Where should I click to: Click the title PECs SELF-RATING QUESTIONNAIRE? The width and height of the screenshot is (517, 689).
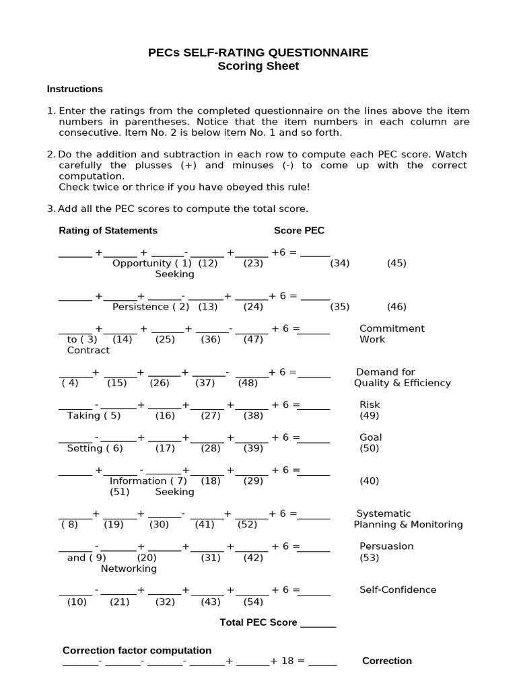pyautogui.click(x=258, y=52)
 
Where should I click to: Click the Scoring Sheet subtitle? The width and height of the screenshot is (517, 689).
pyautogui.click(x=258, y=66)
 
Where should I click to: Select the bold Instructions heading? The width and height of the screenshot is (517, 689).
pyautogui.click(x=75, y=89)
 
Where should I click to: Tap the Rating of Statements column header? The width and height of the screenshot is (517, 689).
pyautogui.click(x=108, y=230)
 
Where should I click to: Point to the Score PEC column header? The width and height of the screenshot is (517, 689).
pyautogui.click(x=299, y=230)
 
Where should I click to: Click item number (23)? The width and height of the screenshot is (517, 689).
pyautogui.click(x=253, y=263)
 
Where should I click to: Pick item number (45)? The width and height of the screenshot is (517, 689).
pyautogui.click(x=397, y=263)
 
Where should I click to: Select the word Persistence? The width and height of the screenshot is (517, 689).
pyautogui.click(x=141, y=307)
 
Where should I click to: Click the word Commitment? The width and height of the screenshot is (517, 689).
pyautogui.click(x=392, y=328)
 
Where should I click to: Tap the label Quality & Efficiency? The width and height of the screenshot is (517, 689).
pyautogui.click(x=403, y=383)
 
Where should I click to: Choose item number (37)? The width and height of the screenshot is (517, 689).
pyautogui.click(x=205, y=383)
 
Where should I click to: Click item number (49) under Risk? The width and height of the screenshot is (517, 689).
pyautogui.click(x=370, y=416)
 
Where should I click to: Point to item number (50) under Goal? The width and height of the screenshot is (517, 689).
pyautogui.click(x=370, y=448)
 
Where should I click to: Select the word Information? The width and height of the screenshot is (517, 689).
pyautogui.click(x=138, y=481)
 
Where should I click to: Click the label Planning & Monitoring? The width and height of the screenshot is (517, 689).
pyautogui.click(x=409, y=524)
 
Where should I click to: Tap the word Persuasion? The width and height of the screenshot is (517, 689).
pyautogui.click(x=386, y=546)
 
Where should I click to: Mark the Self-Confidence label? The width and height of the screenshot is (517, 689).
pyautogui.click(x=398, y=589)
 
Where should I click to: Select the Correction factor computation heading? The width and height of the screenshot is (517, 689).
pyautogui.click(x=137, y=650)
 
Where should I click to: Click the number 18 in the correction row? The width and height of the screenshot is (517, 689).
pyautogui.click(x=288, y=661)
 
